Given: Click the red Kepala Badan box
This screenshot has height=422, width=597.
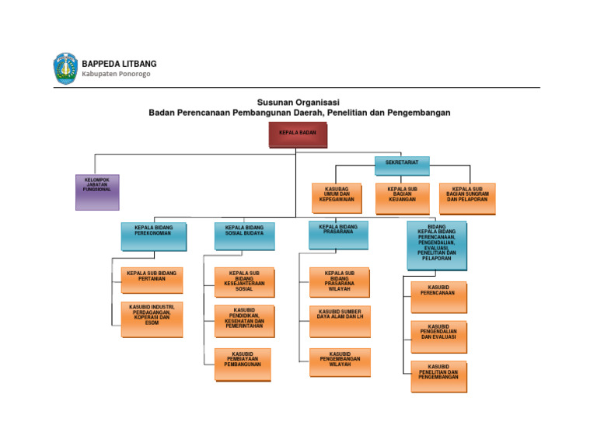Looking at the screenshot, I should pos(298,135).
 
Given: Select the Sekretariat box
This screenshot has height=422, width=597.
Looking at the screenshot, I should pos(402,166).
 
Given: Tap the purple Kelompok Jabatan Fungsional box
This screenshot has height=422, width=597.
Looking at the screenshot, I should pos(97,192).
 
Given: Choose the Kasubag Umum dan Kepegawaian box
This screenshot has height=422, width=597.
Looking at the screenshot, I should pos(337,198).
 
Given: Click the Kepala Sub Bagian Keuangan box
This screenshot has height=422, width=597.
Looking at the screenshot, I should pos(402,198).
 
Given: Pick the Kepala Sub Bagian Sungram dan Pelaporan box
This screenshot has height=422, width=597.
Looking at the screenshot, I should pos(467,198).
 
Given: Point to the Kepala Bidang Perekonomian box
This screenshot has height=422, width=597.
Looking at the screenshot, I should pos(153,236).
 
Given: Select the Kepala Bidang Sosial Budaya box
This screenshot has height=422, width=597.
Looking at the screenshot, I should pos(244,236).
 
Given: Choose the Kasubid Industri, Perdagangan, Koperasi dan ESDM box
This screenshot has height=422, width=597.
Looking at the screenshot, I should pos(152,319).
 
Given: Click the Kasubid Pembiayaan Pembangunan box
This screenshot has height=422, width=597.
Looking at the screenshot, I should pos(243,364).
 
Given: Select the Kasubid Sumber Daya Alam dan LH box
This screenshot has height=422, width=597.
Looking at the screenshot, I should pos(340,321).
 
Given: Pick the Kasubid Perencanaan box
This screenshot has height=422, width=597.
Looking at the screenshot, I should pos(438,297).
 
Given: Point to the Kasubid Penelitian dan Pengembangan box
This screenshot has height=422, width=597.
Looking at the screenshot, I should pos(438,376).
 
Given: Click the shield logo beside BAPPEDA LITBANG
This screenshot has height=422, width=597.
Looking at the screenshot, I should pos(65,68).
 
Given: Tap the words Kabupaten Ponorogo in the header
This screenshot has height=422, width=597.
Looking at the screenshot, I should pos(116,75).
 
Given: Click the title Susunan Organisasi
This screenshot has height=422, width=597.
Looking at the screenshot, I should pos(298,102).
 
